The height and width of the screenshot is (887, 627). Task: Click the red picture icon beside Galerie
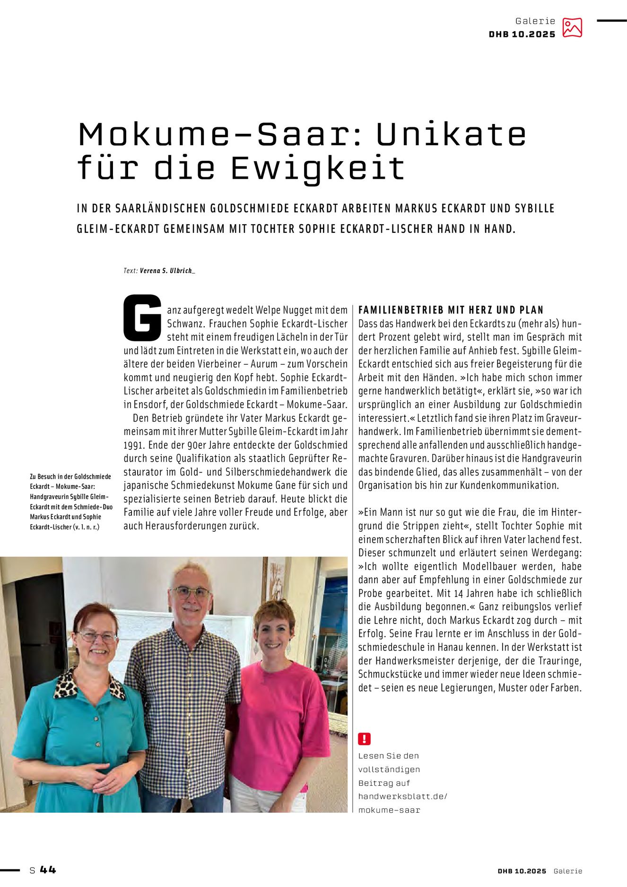(x=572, y=27)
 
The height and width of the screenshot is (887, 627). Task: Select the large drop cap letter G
(x=142, y=317)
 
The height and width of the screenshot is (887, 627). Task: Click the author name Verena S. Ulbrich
(x=167, y=271)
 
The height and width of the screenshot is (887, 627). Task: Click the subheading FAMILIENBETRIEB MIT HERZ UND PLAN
(x=451, y=310)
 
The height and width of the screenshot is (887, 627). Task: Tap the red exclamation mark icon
(x=364, y=738)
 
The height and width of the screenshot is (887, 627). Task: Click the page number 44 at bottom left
(x=48, y=870)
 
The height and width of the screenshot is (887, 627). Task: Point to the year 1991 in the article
(x=133, y=445)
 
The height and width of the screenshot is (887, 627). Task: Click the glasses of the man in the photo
(x=190, y=592)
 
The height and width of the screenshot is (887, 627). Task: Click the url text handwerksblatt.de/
(x=402, y=796)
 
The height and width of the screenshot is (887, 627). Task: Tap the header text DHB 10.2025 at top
(x=522, y=35)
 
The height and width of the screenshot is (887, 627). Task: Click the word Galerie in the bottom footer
(x=567, y=871)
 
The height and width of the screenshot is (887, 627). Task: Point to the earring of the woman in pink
(x=256, y=648)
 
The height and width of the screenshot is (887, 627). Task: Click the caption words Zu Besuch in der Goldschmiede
(x=70, y=476)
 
